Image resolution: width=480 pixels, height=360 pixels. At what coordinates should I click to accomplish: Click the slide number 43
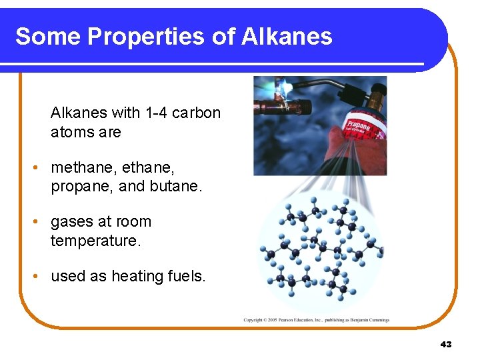click(446, 344)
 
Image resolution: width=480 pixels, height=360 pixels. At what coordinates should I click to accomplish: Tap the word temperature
click(95, 241)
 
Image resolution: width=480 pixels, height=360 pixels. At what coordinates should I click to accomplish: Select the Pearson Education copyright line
click(316, 320)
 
